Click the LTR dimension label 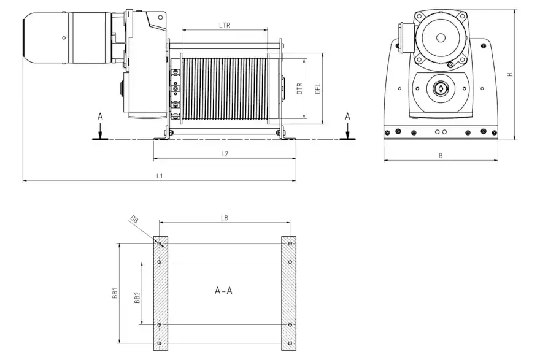click(x=225, y=25)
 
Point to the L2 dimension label click(x=225, y=154)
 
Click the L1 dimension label click(x=159, y=176)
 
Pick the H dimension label click(x=509, y=74)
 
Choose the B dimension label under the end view click(x=441, y=156)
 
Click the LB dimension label click(x=225, y=218)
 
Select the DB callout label click(x=134, y=219)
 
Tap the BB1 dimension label click(x=115, y=294)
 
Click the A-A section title click(x=223, y=291)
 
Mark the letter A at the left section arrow click(x=99, y=116)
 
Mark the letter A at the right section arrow click(x=347, y=116)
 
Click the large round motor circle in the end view click(x=440, y=37)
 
